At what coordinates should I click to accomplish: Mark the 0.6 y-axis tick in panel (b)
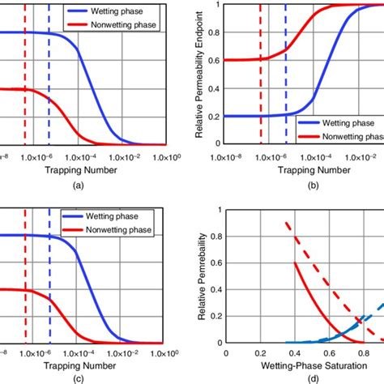click(x=214, y=60)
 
